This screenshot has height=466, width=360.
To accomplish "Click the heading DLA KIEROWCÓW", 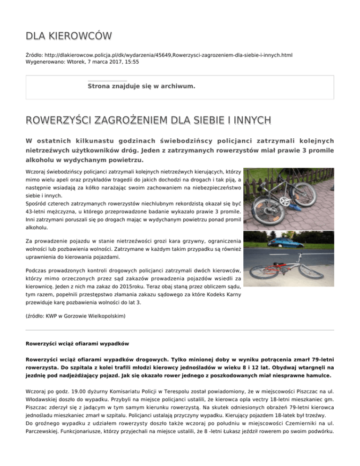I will tap(69, 37).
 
